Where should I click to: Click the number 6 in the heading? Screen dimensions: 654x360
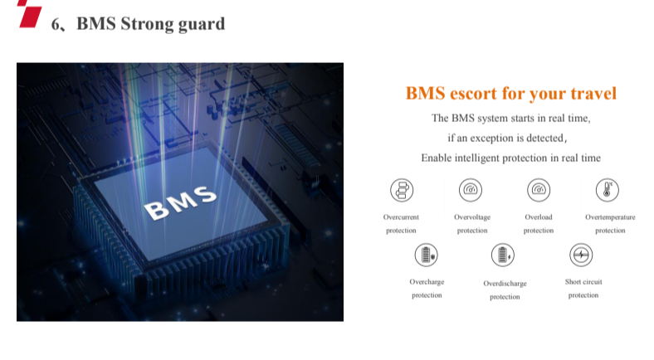[56, 24]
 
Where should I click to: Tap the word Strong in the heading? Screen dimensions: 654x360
[147, 24]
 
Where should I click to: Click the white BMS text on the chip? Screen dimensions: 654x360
[181, 202]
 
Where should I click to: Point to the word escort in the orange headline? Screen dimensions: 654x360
[473, 94]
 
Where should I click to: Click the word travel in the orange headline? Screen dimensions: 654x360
[593, 94]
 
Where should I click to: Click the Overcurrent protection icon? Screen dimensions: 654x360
[402, 190]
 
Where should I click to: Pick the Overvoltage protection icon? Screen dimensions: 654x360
[471, 190]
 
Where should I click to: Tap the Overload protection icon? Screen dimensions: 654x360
[539, 190]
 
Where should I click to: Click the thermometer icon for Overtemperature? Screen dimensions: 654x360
[608, 190]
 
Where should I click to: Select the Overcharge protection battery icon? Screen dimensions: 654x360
[427, 255]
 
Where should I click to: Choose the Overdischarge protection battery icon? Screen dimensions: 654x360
[503, 255]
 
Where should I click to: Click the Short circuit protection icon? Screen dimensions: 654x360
[581, 255]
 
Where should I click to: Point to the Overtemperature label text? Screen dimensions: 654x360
[610, 217]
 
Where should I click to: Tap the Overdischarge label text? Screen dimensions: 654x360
[505, 284]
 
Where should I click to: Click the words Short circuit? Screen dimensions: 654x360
[583, 282]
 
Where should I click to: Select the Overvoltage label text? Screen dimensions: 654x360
[472, 217]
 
